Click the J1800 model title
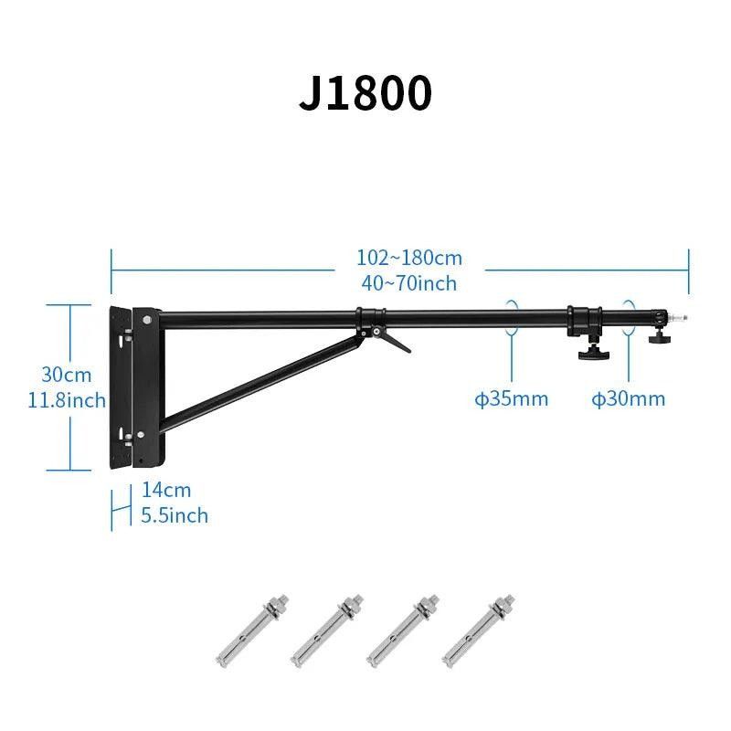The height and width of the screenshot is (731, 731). click(x=365, y=92)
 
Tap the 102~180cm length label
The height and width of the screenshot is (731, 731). click(x=409, y=258)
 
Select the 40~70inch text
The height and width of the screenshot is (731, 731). click(x=408, y=283)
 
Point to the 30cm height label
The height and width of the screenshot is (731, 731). click(x=67, y=375)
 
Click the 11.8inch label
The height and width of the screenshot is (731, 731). click(x=67, y=400)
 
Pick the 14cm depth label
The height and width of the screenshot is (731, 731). click(x=166, y=490)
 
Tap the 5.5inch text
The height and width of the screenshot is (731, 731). click(x=175, y=515)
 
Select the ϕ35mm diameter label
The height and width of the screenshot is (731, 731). click(x=512, y=399)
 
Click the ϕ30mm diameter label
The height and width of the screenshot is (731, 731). click(x=629, y=399)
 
